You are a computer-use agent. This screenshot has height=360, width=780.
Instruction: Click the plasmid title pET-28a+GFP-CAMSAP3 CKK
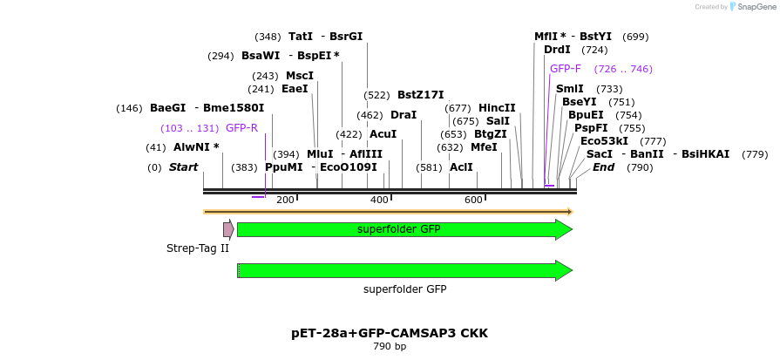coord(390,334)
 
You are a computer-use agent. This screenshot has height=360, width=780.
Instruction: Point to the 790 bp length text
coord(390,347)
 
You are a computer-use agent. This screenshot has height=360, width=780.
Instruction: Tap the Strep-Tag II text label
coord(198,248)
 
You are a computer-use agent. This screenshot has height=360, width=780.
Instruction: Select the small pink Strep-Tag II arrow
coord(228,229)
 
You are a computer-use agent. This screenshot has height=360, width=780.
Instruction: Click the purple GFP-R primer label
coord(241,128)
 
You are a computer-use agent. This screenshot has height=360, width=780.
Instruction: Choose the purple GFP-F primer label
coord(566,69)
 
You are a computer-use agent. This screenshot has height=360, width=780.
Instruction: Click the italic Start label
coord(183,167)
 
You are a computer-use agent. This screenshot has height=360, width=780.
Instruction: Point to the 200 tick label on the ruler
coord(285,200)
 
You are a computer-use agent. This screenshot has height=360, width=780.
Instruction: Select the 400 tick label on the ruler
coord(379,200)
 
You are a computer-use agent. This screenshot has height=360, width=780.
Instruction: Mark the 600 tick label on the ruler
coord(473,200)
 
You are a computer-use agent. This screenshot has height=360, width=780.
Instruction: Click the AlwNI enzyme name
coord(196,147)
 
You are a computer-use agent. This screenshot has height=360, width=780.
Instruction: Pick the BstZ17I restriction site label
coord(421,95)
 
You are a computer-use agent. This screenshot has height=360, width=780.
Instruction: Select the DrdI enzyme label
coord(557,50)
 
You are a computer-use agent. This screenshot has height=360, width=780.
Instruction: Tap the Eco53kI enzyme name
coord(604,141)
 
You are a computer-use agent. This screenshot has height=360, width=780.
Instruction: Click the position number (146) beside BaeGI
coord(129,109)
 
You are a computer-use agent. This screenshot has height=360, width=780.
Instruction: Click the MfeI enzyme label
coord(484,147)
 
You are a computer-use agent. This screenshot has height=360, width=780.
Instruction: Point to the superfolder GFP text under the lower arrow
coord(404,289)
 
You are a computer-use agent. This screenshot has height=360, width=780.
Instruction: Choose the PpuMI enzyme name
coord(284,167)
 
